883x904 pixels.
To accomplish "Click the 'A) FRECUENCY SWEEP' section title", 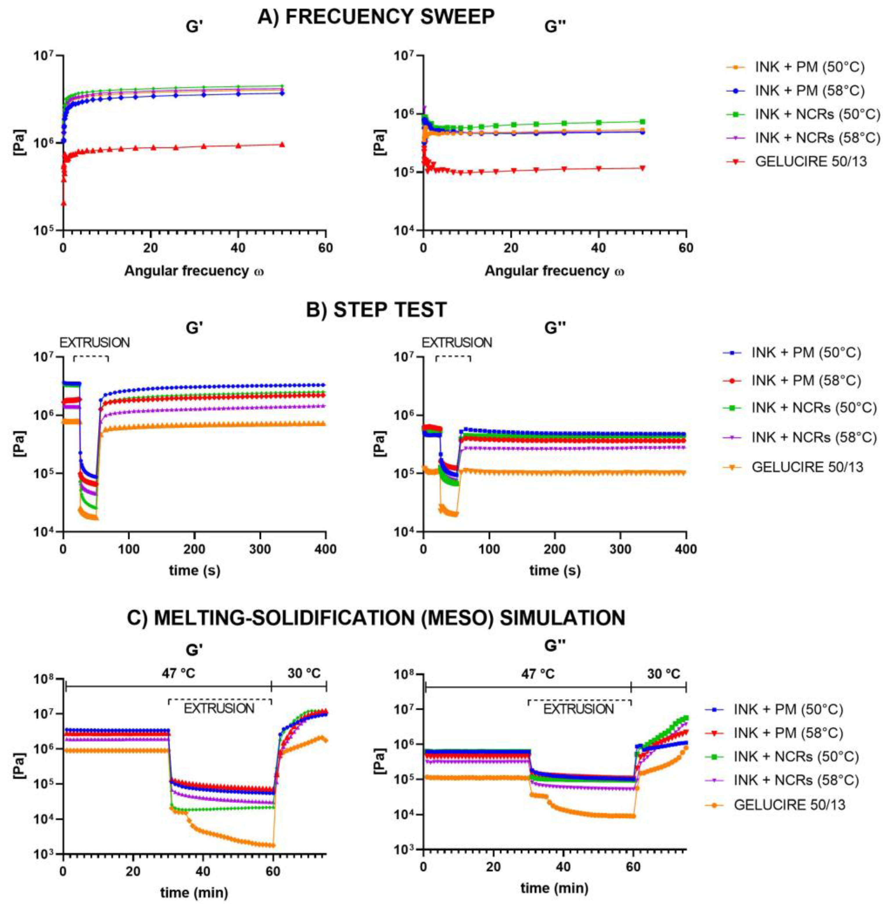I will tap(376, 17).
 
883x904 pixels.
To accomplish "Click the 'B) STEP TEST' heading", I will tap(376, 309).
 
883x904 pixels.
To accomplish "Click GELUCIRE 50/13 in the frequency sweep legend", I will tap(811, 161).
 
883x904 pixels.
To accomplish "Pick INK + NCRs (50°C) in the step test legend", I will tap(814, 408).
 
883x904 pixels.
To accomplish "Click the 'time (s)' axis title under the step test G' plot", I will tap(194, 570).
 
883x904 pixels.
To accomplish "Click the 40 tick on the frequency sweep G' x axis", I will tap(238, 248).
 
